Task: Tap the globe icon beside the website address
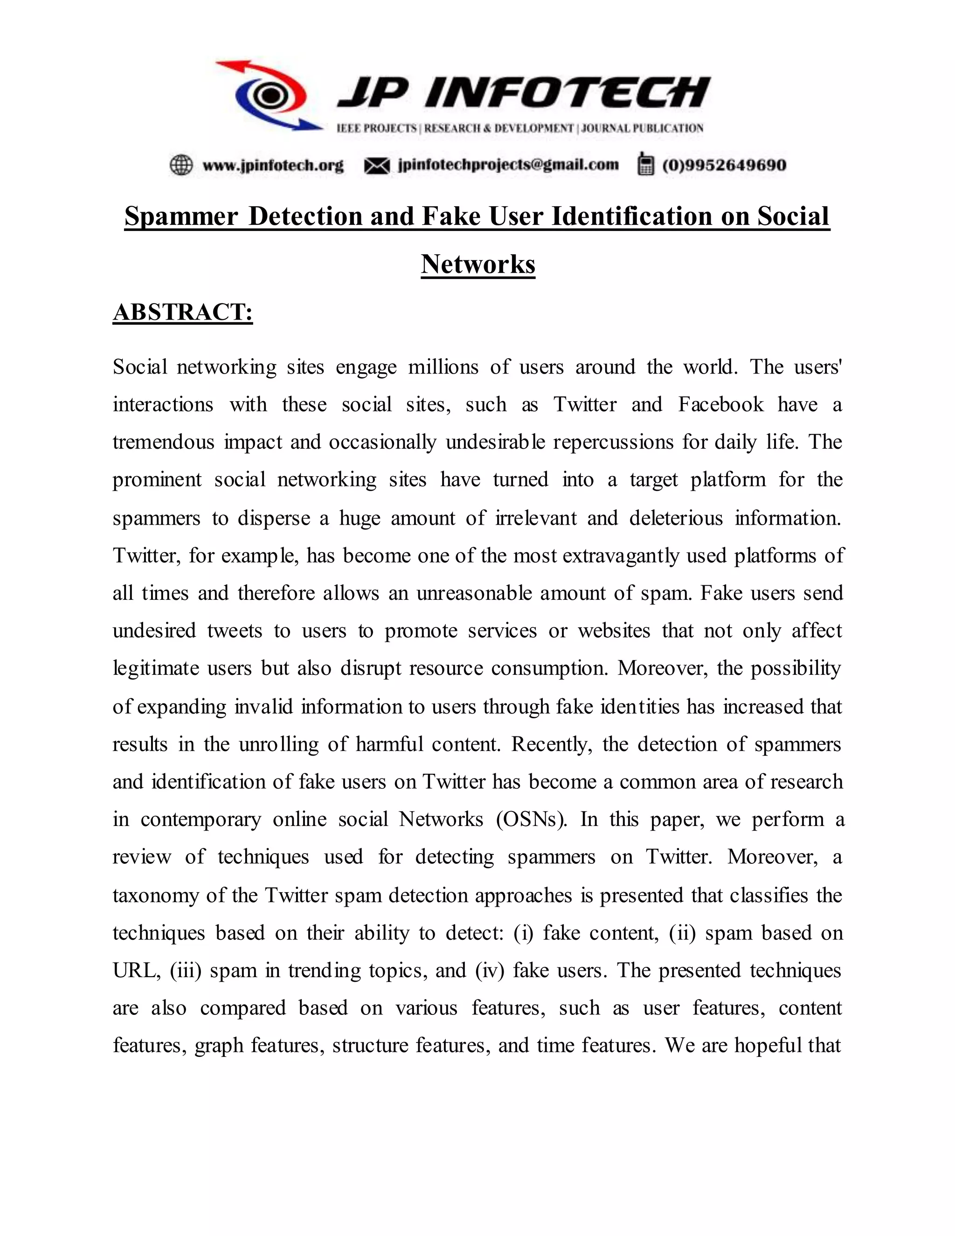pyautogui.click(x=181, y=165)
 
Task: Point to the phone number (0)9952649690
pyautogui.click(x=724, y=165)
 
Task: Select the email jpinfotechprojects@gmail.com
pyautogui.click(x=508, y=165)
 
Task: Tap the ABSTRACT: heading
pyautogui.click(x=183, y=312)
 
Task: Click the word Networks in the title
pyautogui.click(x=478, y=264)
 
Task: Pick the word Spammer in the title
pyautogui.click(x=181, y=216)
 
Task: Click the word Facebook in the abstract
pyautogui.click(x=721, y=405)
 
